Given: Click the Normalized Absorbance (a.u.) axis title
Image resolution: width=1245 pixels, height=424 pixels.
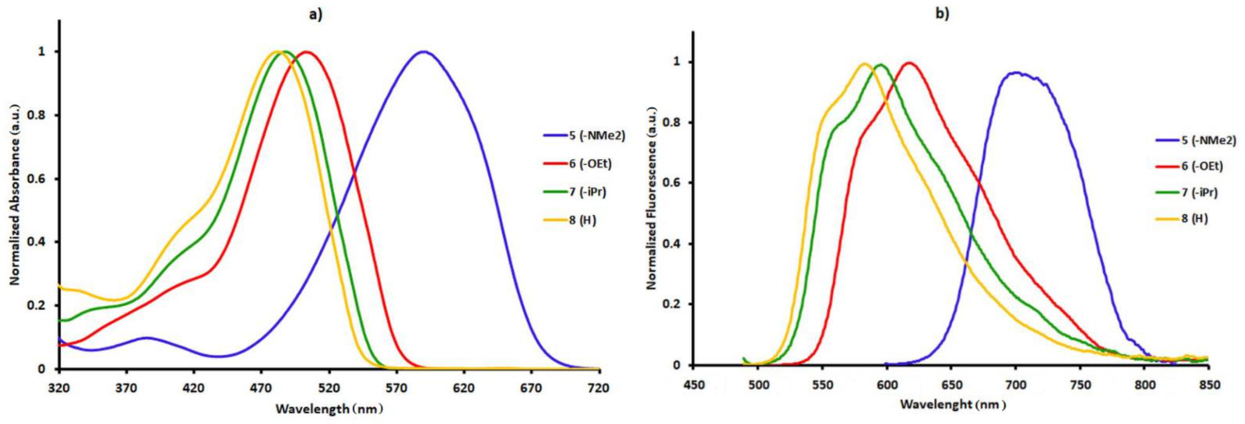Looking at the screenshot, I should tap(15, 200).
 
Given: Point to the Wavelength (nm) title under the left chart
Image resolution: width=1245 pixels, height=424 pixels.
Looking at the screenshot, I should tap(329, 408).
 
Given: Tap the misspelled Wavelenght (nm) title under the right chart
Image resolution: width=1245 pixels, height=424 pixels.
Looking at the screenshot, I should tap(951, 404).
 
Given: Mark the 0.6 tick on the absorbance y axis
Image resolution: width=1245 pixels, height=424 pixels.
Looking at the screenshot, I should tap(39, 179).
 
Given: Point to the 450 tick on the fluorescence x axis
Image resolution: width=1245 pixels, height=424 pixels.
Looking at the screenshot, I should tap(695, 383).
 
